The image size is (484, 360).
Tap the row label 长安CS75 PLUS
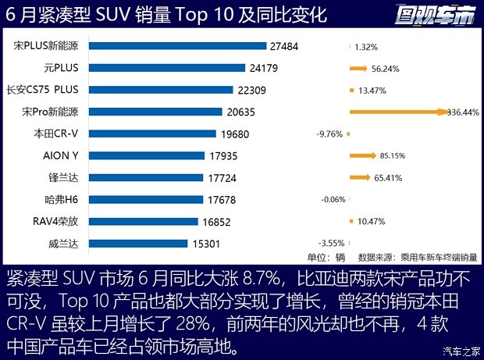(46, 91)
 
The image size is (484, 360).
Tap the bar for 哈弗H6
(148, 200)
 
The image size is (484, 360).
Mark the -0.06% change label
(333, 200)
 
